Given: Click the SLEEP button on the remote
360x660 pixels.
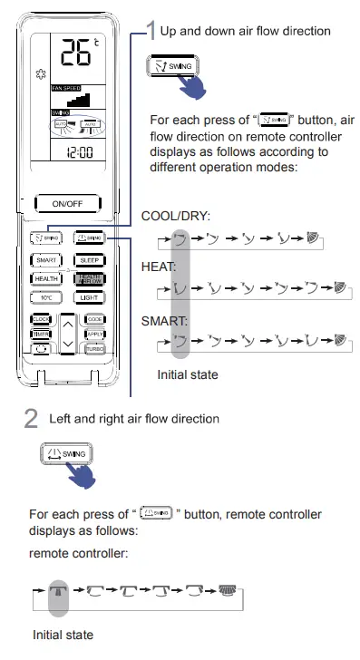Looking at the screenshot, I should (x=89, y=259).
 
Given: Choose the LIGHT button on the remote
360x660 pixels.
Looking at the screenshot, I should (x=89, y=297).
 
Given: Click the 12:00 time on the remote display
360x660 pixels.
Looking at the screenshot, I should (x=81, y=153).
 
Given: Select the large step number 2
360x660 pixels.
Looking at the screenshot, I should (x=31, y=419).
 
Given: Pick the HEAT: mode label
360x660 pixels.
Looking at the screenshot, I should (x=158, y=268).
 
